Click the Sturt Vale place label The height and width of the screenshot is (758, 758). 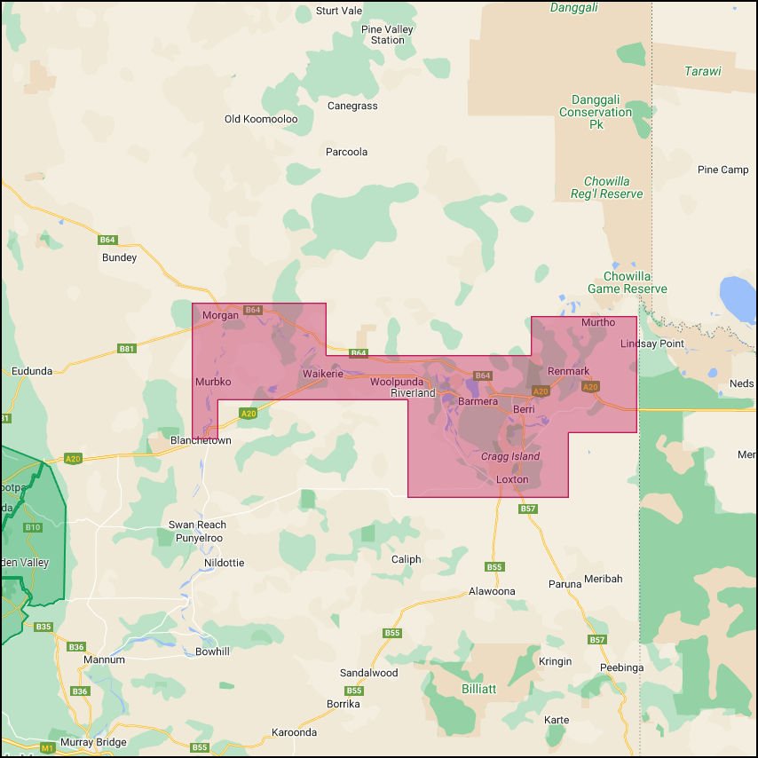tap(339, 11)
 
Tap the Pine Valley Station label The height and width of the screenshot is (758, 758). tap(388, 35)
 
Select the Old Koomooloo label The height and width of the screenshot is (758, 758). tap(261, 119)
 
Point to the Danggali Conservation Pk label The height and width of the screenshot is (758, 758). tap(596, 113)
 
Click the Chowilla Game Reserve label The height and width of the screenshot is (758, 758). tap(628, 282)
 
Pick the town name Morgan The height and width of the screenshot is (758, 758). tap(220, 315)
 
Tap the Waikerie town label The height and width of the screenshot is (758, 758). tap(322, 374)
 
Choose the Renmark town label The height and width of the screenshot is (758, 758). tap(568, 371)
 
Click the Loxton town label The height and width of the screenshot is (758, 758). tap(512, 479)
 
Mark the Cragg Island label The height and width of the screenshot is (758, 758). tap(510, 456)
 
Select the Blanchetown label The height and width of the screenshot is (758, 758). tap(201, 440)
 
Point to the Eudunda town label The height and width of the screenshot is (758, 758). tap(32, 371)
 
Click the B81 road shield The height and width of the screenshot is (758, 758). tap(127, 349)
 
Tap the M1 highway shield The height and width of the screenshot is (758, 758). tap(47, 748)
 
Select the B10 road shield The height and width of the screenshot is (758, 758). tap(33, 527)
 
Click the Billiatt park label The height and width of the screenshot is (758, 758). tap(478, 689)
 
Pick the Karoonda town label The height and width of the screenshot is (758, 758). tap(294, 733)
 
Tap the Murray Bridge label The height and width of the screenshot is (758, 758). tap(93, 742)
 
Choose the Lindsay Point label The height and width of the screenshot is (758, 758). tap(652, 343)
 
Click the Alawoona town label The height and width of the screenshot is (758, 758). tap(492, 591)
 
